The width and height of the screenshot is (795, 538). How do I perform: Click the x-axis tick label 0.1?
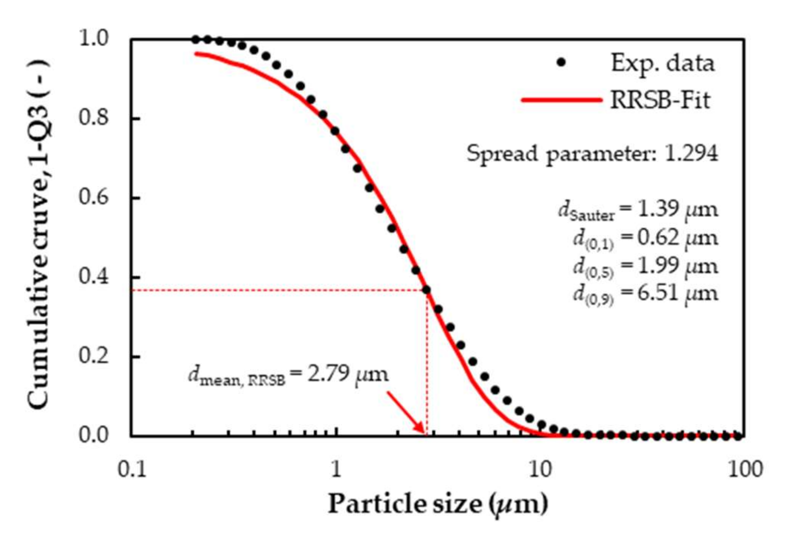click(x=131, y=470)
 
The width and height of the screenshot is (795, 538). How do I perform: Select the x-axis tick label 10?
click(x=541, y=470)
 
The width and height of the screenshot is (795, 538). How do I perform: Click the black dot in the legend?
click(x=561, y=62)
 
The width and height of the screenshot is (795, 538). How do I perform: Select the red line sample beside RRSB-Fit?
click(x=561, y=100)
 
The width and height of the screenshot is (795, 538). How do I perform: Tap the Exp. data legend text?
click(x=662, y=63)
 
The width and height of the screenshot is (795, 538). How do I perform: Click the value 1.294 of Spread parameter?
click(x=691, y=154)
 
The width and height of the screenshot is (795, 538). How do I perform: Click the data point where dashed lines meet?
click(x=426, y=290)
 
